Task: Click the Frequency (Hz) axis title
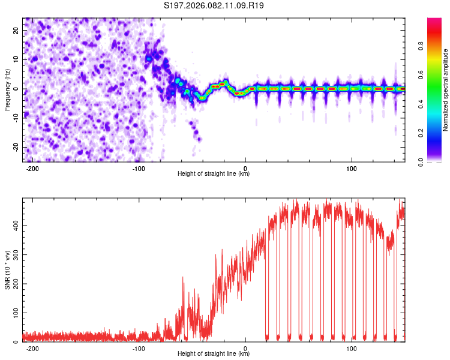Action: point(7,89)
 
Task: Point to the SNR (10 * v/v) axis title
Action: point(7,269)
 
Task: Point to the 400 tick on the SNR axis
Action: point(15,226)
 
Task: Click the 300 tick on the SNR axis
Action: point(15,254)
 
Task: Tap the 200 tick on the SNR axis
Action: point(15,284)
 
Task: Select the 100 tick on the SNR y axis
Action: point(15,313)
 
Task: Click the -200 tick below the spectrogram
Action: point(32,169)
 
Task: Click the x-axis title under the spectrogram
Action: point(214,174)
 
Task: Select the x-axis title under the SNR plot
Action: point(214,354)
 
